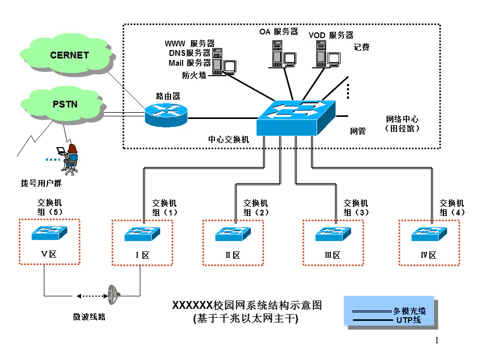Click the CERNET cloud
(x=69, y=54)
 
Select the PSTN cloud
(x=65, y=104)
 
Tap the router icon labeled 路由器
(x=165, y=114)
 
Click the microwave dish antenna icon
(x=113, y=295)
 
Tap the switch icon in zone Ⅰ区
(x=142, y=234)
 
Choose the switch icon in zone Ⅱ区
(x=233, y=234)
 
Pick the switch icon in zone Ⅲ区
(x=333, y=234)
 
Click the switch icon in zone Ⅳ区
(x=429, y=234)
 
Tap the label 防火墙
(x=194, y=75)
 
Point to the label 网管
(x=357, y=131)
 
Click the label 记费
(x=362, y=47)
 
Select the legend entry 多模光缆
(x=410, y=311)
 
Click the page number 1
(x=437, y=341)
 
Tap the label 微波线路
(x=89, y=317)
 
